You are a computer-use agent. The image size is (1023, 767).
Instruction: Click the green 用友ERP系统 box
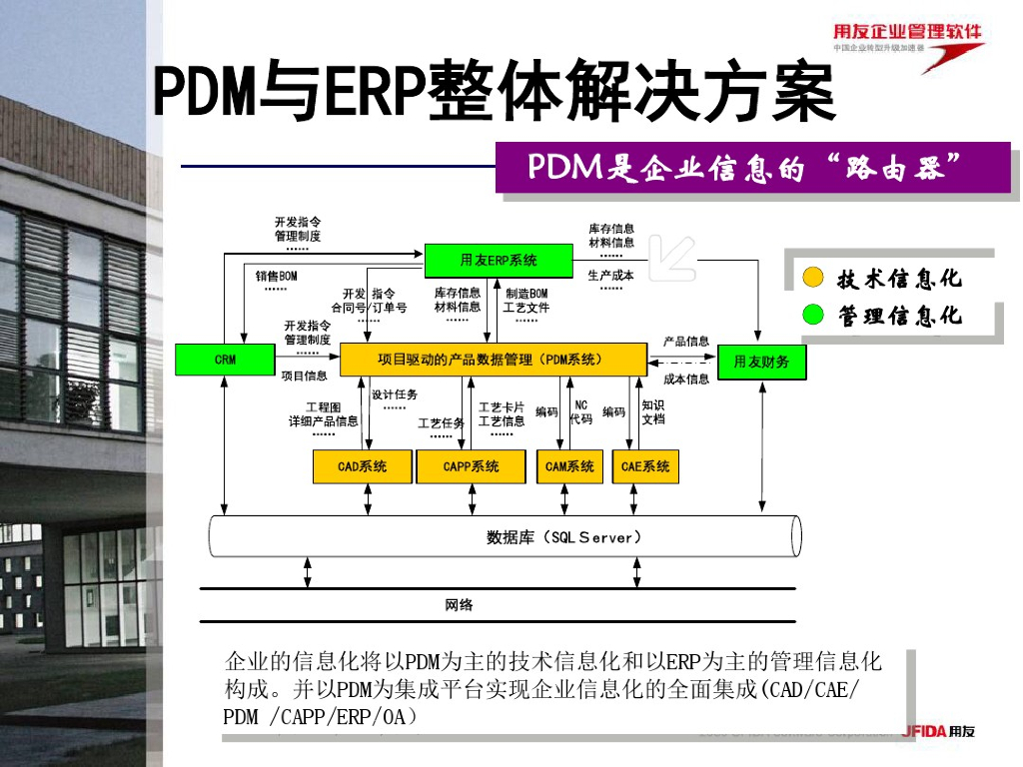coord(498,260)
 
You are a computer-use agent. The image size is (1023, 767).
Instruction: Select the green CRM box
coord(225,360)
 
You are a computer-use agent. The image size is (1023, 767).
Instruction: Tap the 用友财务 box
coord(761,362)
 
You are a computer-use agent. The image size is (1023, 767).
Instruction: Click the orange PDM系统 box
coord(493,360)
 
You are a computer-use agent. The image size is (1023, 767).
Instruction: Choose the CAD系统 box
coord(362,466)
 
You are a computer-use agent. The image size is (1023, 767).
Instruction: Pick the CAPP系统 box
coord(470,466)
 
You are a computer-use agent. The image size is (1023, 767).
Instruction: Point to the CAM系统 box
coord(569,466)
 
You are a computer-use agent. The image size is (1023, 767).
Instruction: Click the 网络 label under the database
coord(459,605)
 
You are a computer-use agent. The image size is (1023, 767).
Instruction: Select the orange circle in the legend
coord(814,278)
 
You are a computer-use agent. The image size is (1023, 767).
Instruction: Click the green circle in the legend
coord(814,317)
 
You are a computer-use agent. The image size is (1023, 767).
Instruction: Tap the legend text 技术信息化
coord(899,279)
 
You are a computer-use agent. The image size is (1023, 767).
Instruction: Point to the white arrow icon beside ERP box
coord(671,257)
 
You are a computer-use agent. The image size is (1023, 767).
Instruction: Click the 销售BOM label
coord(276,276)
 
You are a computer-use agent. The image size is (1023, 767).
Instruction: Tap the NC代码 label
coord(580,412)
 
